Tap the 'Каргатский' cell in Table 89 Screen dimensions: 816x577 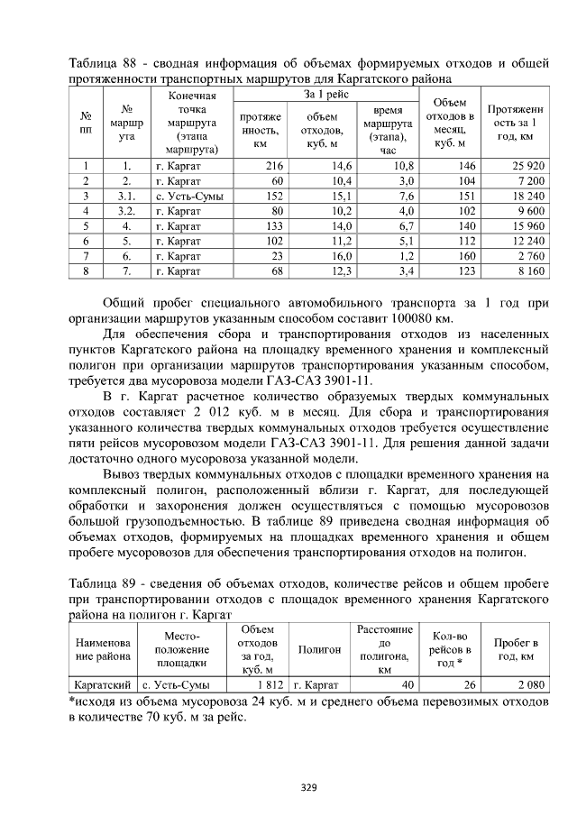(103, 685)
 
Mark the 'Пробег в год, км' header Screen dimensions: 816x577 (517, 649)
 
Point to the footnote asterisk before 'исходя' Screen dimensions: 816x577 (72, 699)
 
